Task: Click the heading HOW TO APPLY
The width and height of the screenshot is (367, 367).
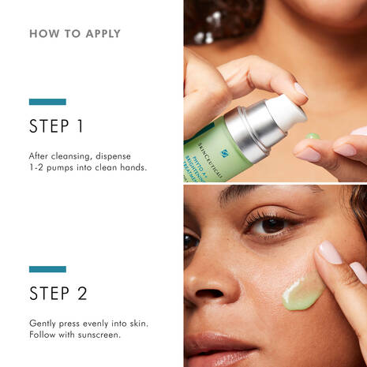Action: point(75,34)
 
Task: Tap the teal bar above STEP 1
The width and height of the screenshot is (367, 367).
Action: point(47,102)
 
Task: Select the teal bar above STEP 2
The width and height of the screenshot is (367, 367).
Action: point(47,269)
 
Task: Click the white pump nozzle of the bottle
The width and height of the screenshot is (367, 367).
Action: point(284,110)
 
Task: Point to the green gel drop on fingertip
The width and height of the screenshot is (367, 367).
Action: point(313,136)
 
